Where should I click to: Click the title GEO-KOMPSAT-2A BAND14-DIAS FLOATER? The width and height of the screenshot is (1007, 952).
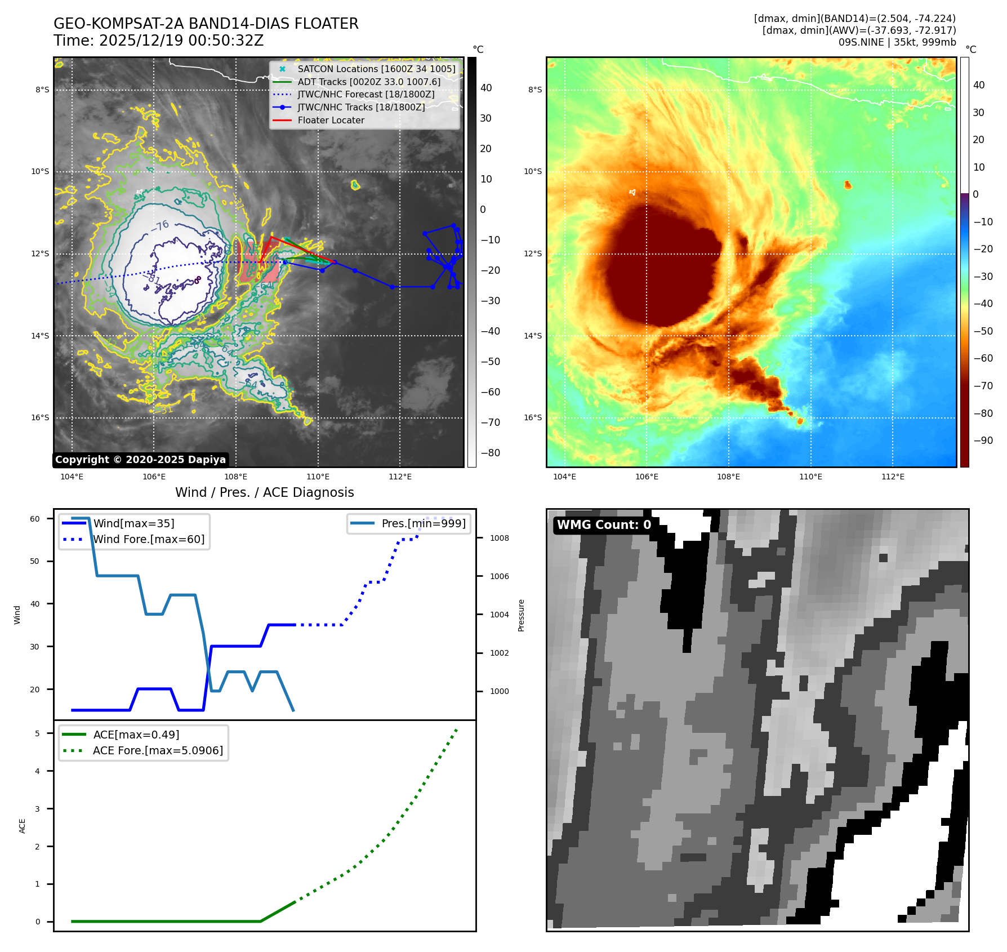pos(206,24)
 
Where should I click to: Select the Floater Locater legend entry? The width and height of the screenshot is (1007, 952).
pos(331,120)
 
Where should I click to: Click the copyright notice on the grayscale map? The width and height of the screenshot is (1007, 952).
pos(140,460)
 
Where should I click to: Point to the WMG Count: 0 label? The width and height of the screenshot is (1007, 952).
pos(604,525)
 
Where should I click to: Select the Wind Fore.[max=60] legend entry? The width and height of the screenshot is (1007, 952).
pos(149,539)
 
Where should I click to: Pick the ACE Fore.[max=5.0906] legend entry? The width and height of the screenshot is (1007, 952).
pos(158,750)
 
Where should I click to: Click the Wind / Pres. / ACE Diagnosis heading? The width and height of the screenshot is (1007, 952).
pos(265,492)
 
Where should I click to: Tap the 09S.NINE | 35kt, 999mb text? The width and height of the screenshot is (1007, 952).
pos(897,42)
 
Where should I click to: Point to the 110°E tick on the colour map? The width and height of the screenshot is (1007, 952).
pos(810,477)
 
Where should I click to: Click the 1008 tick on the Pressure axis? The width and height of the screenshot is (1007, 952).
pos(499,538)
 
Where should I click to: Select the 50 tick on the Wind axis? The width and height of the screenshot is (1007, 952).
pos(35,561)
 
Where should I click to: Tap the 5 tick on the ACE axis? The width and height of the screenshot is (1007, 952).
pos(38,733)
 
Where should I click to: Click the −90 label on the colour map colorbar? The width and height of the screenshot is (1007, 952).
pos(983,441)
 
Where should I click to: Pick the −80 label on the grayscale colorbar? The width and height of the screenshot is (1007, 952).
pos(489,453)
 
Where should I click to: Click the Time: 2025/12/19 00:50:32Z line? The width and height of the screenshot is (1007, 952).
pos(158,41)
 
